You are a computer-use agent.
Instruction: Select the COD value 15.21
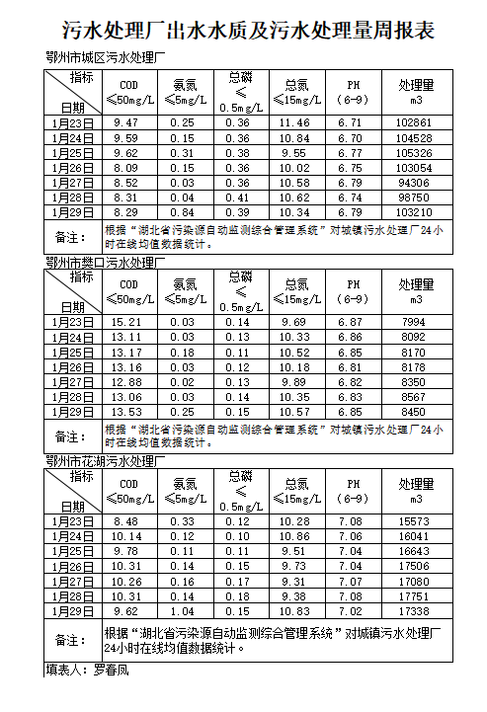pyautogui.click(x=127, y=322)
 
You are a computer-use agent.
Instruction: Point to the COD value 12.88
pyautogui.click(x=127, y=382)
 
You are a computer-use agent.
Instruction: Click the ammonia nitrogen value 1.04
pyautogui.click(x=182, y=611)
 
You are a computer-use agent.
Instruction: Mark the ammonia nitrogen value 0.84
pyautogui.click(x=182, y=212)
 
